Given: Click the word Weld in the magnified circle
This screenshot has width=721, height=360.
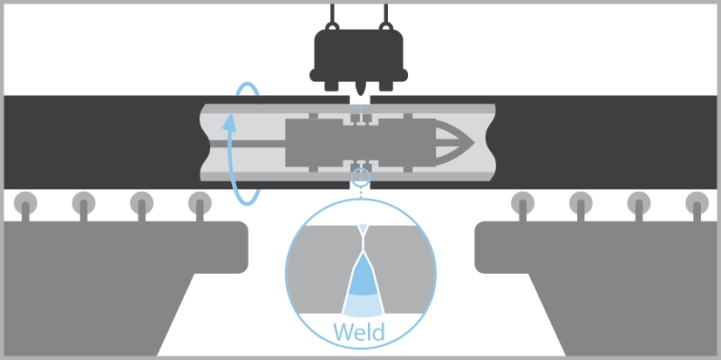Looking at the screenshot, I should [x=360, y=332].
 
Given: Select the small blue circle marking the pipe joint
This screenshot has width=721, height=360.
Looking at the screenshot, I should [x=359, y=180].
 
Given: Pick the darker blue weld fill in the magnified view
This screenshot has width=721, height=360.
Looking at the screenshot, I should [x=361, y=279].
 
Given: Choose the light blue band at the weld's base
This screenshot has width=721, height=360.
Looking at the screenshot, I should [x=360, y=306].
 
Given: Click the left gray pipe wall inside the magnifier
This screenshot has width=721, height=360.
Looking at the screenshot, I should [x=318, y=270].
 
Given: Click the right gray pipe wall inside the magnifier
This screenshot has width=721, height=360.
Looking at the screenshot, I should [x=403, y=270].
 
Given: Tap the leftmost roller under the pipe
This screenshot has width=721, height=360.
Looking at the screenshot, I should [x=27, y=203].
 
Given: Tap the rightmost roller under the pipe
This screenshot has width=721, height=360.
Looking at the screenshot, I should [x=696, y=203].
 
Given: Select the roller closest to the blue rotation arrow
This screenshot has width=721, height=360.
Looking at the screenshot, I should [x=200, y=203].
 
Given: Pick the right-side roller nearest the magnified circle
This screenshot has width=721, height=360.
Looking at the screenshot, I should [x=522, y=203].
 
